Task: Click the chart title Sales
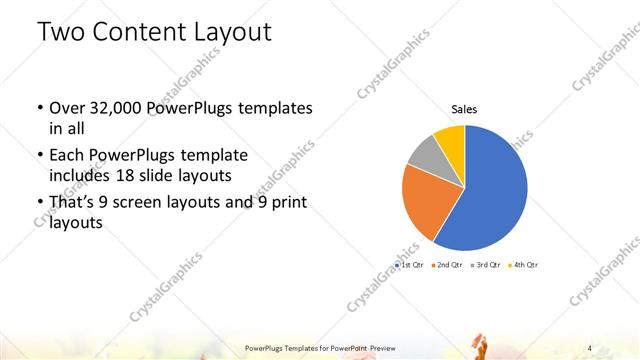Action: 463,108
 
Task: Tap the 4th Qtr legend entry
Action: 524,265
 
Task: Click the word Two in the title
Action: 61,32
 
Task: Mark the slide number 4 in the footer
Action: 590,347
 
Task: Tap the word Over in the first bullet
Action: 67,108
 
